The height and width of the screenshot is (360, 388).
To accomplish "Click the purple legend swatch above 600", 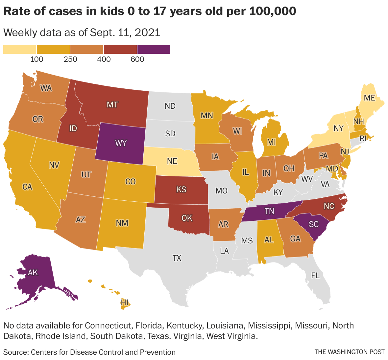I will pyautogui.click(x=154, y=49).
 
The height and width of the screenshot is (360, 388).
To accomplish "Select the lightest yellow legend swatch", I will pyautogui.click(x=20, y=49).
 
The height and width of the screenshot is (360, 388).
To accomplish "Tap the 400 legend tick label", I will pyautogui.click(x=104, y=59).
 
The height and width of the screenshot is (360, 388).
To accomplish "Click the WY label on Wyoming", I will pyautogui.click(x=121, y=143).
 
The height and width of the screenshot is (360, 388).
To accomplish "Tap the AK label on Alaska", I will pyautogui.click(x=33, y=272).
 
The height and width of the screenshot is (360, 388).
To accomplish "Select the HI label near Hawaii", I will pyautogui.click(x=125, y=302).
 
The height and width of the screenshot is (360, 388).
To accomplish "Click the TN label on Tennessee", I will pyautogui.click(x=269, y=211).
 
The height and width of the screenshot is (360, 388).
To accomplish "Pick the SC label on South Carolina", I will pyautogui.click(x=314, y=224).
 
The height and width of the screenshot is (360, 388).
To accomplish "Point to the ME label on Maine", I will pyautogui.click(x=369, y=98).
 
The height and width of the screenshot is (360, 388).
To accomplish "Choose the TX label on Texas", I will pyautogui.click(x=177, y=258).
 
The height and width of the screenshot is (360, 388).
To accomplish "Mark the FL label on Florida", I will pyautogui.click(x=315, y=276).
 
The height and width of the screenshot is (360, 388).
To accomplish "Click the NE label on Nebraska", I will pyautogui.click(x=172, y=161).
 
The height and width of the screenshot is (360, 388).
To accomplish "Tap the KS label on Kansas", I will pyautogui.click(x=181, y=189).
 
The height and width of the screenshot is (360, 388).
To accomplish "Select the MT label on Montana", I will pyautogui.click(x=112, y=105).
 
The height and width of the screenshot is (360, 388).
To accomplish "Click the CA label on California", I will pyautogui.click(x=27, y=187).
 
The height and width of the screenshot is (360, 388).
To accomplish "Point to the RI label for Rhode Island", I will pyautogui.click(x=363, y=139).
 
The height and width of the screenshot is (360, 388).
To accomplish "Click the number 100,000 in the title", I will pyautogui.click(x=273, y=11).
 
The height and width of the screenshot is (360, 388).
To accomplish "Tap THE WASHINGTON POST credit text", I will pyautogui.click(x=349, y=352).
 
